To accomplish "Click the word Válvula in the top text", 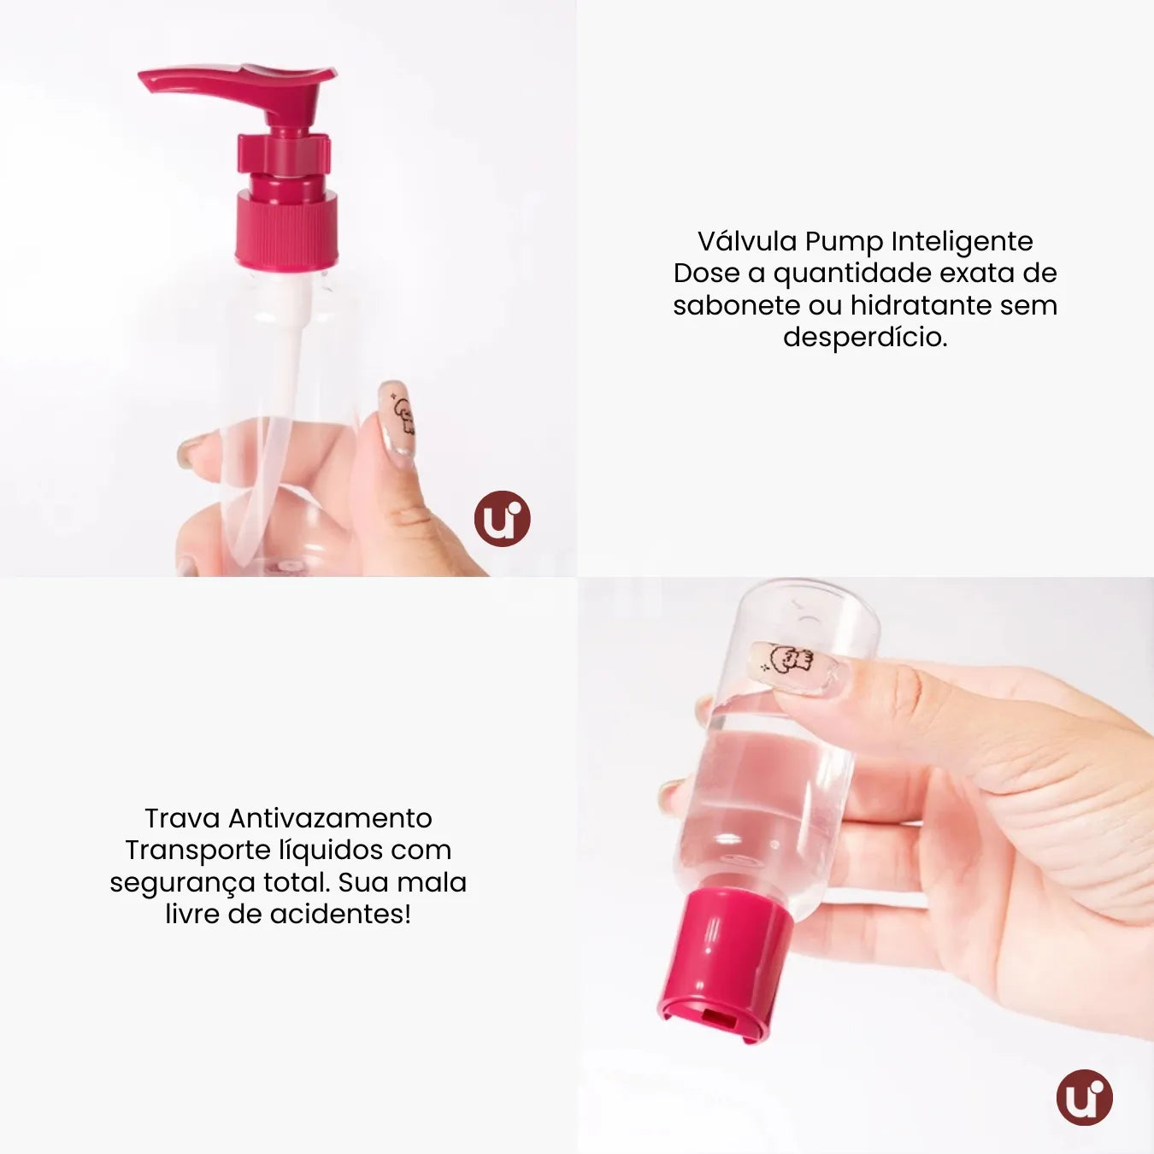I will point(747,241).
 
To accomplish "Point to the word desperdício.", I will point(865,337).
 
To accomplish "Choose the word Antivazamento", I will point(330,818).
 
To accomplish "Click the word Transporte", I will point(198,850).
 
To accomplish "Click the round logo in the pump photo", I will point(503,519).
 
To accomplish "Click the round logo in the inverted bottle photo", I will point(1084,1097).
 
